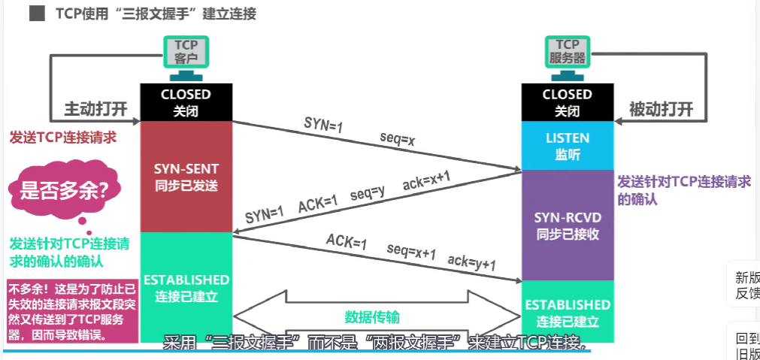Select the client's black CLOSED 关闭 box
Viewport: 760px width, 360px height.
186,102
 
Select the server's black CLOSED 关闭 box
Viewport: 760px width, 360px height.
567,102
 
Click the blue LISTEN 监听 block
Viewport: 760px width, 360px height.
567,146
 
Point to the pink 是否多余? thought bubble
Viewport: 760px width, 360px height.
63,191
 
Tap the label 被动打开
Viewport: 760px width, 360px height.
661,108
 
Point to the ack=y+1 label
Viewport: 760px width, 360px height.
471,262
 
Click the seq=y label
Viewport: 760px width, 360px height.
367,194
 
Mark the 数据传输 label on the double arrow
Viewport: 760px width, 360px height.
372,316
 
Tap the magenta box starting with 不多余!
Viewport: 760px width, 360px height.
71,310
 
